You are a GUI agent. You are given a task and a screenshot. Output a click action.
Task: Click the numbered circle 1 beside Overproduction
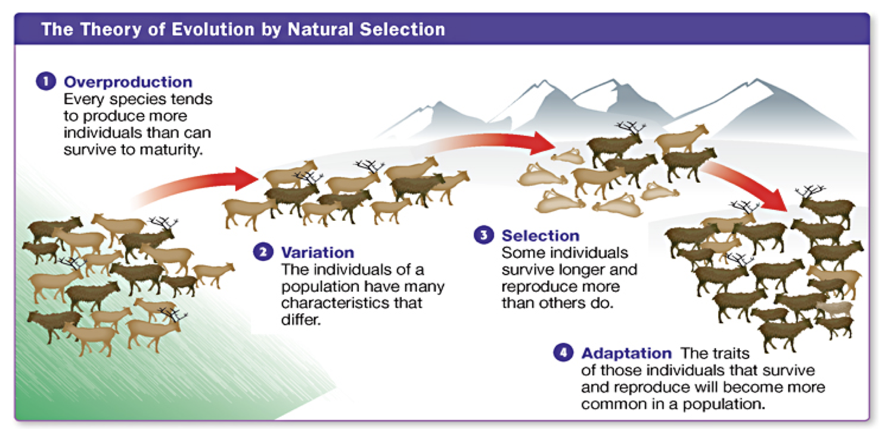[46, 82]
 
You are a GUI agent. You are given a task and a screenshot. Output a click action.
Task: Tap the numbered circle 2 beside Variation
[262, 252]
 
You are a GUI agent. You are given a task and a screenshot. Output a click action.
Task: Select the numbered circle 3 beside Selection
[483, 235]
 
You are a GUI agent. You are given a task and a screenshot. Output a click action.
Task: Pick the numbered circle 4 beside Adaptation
[563, 352]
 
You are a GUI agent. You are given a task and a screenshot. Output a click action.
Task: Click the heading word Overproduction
[128, 82]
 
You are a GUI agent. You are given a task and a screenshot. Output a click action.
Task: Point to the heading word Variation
[317, 252]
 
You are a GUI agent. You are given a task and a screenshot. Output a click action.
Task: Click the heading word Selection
[540, 236]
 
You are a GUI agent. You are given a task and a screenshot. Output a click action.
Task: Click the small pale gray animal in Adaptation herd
[834, 308]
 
